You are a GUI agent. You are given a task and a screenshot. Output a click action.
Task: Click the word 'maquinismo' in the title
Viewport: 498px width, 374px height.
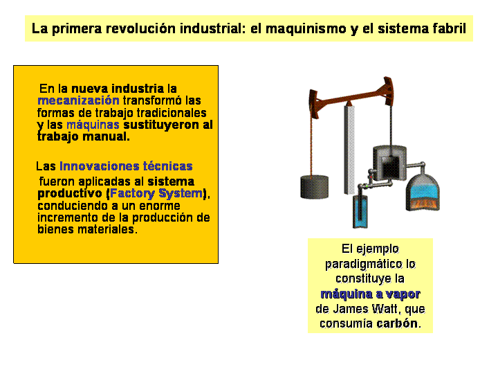(x=306, y=29)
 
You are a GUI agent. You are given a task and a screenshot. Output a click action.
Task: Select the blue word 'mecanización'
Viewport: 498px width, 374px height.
(x=78, y=100)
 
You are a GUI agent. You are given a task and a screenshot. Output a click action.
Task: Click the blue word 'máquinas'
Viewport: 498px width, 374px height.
(x=93, y=125)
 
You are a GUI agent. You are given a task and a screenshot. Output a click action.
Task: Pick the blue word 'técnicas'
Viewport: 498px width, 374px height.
(x=167, y=166)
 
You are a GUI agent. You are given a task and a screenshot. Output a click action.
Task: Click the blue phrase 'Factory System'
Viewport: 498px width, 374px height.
(x=156, y=193)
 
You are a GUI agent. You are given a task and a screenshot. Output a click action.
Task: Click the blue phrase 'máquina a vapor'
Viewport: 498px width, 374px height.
(x=370, y=294)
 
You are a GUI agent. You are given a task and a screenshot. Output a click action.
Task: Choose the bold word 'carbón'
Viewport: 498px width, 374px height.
(x=397, y=323)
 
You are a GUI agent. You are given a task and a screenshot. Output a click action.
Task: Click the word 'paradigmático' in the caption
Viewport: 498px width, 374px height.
(x=364, y=264)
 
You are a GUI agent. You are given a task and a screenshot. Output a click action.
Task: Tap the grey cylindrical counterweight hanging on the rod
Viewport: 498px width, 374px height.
(x=315, y=187)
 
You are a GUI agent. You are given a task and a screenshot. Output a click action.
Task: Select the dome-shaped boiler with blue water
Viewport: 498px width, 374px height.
(x=423, y=193)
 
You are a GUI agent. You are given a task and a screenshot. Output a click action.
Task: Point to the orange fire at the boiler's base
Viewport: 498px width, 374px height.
(x=423, y=204)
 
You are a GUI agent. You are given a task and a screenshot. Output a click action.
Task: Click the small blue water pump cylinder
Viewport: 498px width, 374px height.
(x=360, y=211)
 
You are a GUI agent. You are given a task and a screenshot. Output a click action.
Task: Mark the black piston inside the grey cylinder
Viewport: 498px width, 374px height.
(x=390, y=168)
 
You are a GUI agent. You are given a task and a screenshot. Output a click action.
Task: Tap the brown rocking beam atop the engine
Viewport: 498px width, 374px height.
(x=351, y=98)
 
